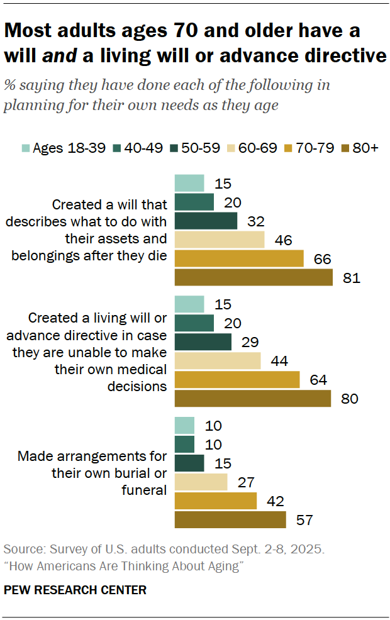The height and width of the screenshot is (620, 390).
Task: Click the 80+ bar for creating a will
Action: [253, 277]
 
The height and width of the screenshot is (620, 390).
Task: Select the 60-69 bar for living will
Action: [217, 361]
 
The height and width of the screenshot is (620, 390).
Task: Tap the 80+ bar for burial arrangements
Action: [230, 520]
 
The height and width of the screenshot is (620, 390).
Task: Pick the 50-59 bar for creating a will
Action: [206, 221]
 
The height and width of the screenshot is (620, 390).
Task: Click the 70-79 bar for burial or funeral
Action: [215, 501]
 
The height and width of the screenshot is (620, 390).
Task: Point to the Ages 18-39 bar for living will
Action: [189, 304]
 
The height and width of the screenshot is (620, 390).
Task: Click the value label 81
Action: [352, 277]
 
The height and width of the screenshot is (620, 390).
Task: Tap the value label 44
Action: [279, 361]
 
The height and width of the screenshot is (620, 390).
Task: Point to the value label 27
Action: [245, 482]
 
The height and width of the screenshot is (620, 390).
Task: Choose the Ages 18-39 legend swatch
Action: [25, 148]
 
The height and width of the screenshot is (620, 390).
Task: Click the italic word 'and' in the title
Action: [60, 55]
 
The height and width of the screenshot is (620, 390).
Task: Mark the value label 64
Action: [318, 380]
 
